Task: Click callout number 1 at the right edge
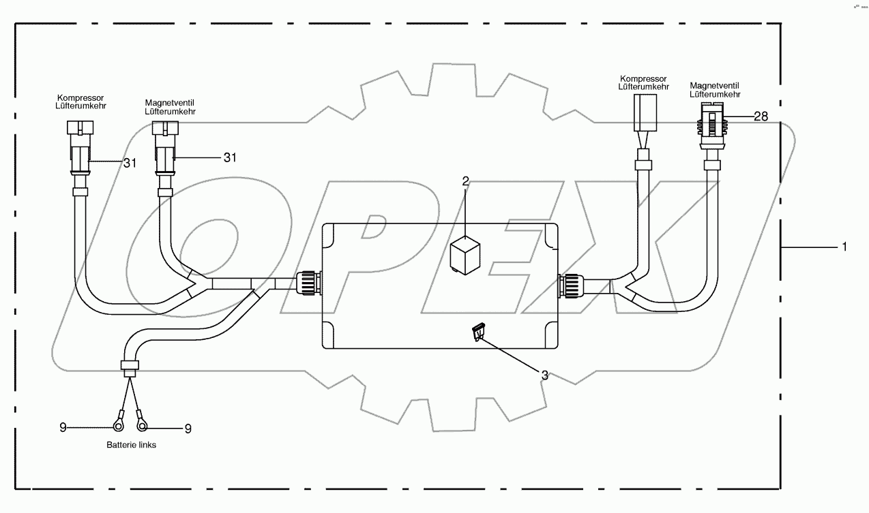click(x=844, y=247)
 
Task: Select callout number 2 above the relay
click(x=466, y=181)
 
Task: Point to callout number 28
click(x=761, y=116)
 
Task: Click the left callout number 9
click(x=63, y=428)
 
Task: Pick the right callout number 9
click(x=188, y=429)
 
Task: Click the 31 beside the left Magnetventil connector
click(x=231, y=157)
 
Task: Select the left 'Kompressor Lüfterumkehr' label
click(x=81, y=102)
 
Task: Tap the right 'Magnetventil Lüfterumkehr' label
click(x=715, y=90)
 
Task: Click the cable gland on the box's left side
click(x=309, y=283)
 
